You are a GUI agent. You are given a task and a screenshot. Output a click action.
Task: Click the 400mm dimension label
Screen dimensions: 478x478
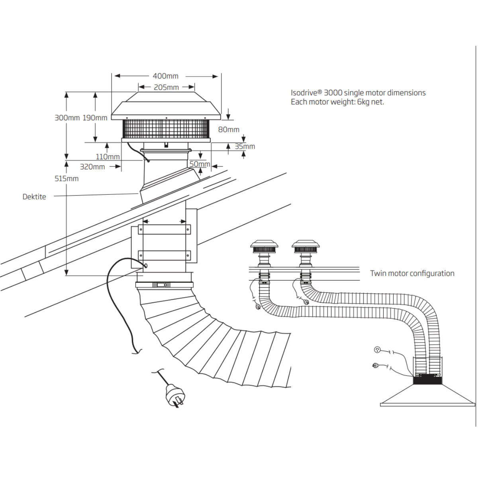tap(165, 76)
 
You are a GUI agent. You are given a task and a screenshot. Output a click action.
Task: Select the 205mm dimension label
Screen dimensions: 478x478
tap(166, 87)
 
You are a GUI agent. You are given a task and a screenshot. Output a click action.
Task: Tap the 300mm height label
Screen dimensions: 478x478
tap(67, 118)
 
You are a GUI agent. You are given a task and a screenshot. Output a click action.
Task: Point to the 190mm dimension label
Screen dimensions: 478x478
tap(95, 118)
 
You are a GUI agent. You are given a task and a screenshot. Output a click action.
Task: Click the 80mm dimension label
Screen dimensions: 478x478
tap(229, 129)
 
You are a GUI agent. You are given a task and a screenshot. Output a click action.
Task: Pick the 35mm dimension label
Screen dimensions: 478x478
tap(245, 146)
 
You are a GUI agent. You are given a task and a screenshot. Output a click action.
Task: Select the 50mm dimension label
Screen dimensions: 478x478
tap(200, 164)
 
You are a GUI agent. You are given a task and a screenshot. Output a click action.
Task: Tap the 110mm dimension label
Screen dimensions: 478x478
tap(108, 157)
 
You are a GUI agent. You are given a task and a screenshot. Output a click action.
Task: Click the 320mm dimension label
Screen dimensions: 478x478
tap(92, 167)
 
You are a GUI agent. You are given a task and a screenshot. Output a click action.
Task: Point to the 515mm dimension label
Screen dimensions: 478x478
tap(67, 179)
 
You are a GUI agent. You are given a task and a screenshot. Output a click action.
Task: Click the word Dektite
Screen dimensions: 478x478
tap(34, 197)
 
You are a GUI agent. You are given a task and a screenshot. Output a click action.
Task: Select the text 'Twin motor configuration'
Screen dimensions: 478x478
tap(412, 273)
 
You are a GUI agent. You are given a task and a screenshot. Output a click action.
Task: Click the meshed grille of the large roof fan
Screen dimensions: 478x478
tap(166, 129)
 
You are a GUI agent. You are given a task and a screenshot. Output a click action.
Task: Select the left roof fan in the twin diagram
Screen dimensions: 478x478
tap(262, 249)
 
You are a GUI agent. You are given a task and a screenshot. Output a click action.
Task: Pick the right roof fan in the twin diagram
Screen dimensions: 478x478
tap(306, 249)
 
